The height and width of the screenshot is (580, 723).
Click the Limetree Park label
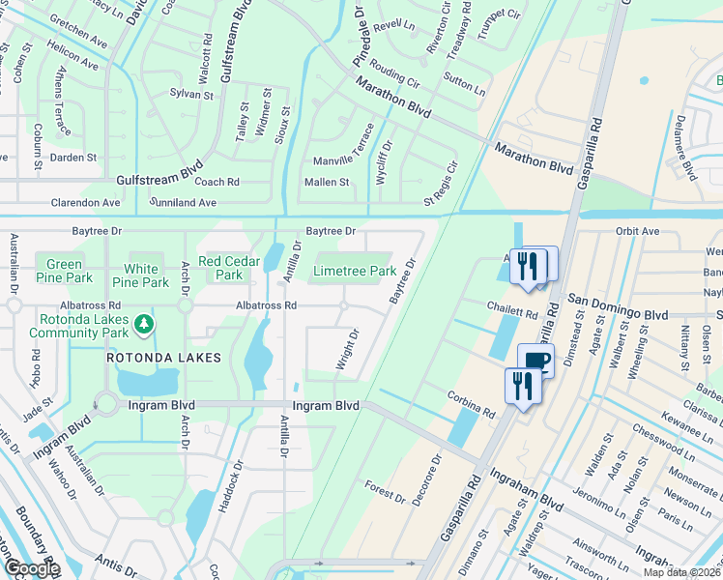[x=354, y=272]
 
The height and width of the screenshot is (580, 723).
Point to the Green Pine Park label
[x=65, y=271]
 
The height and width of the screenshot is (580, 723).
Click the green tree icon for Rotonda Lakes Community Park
[x=144, y=322]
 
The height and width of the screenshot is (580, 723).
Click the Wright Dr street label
[x=347, y=352]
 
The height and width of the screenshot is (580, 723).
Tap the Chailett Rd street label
[x=511, y=312]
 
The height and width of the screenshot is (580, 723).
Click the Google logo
[x=30, y=567]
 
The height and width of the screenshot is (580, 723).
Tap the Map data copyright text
[x=679, y=572]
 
